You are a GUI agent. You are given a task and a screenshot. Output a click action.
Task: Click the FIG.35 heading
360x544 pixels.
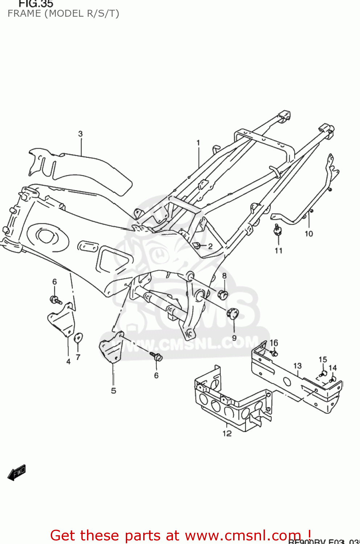[x=36, y=4]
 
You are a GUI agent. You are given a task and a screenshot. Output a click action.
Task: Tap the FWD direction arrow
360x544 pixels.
[x=17, y=473]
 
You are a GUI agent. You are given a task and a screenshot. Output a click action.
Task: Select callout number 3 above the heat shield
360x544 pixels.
[x=80, y=134]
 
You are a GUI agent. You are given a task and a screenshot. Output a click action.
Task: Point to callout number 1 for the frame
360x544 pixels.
[x=198, y=143]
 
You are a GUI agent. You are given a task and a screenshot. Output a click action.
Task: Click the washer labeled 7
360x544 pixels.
[x=78, y=338]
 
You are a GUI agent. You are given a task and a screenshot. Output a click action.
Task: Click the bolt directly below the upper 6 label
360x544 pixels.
[x=55, y=300]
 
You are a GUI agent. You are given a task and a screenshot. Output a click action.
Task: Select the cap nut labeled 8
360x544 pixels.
[x=223, y=294]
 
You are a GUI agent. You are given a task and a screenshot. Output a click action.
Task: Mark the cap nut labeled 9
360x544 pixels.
[x=232, y=313]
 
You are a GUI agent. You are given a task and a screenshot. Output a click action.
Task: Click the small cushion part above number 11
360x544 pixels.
[x=278, y=230]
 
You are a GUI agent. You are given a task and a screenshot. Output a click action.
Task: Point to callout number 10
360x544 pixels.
[x=309, y=234]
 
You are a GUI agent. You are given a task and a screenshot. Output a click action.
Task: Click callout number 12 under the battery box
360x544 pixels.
[x=227, y=433]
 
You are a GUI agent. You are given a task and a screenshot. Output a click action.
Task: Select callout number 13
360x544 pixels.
[x=297, y=366]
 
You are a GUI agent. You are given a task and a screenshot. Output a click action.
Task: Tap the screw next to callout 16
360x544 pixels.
[x=274, y=353]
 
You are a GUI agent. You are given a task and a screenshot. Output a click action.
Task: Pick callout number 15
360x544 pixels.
[x=323, y=359]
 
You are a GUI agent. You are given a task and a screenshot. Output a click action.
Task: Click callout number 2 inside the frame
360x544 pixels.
[x=210, y=246]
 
